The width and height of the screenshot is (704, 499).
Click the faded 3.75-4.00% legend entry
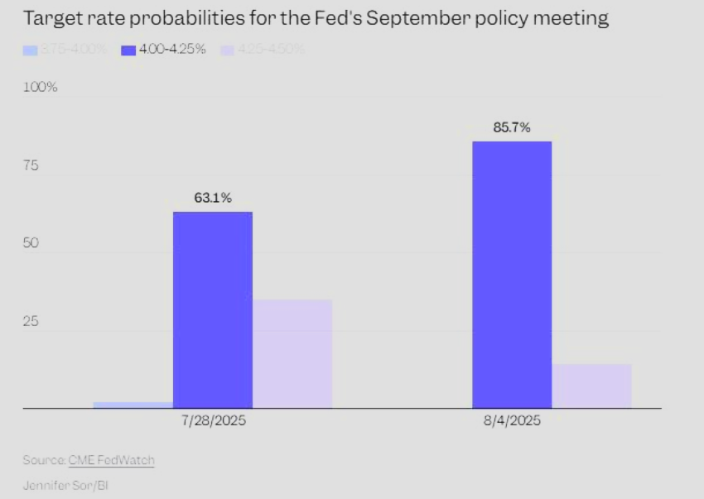tap(66, 50)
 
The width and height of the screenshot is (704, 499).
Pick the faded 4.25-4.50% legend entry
tap(263, 50)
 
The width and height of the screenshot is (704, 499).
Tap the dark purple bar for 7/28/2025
tap(213, 310)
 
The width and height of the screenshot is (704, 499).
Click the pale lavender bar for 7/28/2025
tap(292, 354)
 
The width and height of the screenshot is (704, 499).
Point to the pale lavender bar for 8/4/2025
tap(591, 386)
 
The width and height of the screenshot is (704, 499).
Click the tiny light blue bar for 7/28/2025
tap(133, 405)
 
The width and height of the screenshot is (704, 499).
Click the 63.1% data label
tap(213, 198)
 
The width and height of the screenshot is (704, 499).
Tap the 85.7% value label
tap(512, 127)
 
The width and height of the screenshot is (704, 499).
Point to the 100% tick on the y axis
tap(40, 87)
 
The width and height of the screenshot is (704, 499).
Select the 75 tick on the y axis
tap(31, 166)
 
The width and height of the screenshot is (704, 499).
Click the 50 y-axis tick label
tap(31, 244)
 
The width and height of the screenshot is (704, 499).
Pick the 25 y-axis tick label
tap(31, 321)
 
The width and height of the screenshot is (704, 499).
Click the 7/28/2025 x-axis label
tap(213, 420)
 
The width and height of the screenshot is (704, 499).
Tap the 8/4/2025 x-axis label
tap(512, 420)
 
